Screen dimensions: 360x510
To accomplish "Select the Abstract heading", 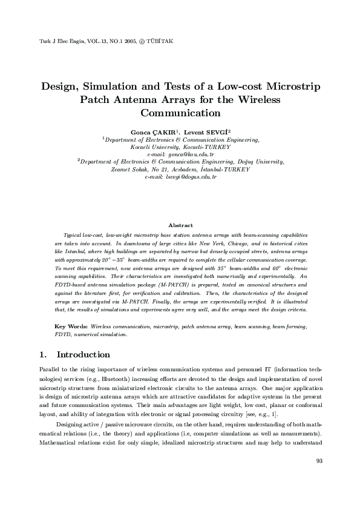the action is (x=180, y=225).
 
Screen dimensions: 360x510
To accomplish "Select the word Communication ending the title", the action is (x=180, y=113).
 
